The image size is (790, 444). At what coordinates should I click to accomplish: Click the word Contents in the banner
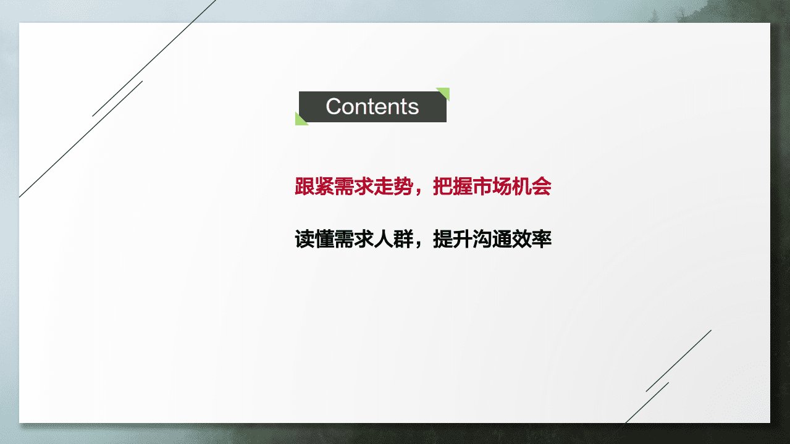372,107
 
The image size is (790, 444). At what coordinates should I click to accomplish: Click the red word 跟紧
314,187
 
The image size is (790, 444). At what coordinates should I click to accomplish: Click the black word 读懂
314,239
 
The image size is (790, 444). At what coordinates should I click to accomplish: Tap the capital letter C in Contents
334,107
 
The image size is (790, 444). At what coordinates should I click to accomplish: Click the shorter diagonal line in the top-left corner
117,99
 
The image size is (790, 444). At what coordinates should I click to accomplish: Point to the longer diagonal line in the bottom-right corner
679,361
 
